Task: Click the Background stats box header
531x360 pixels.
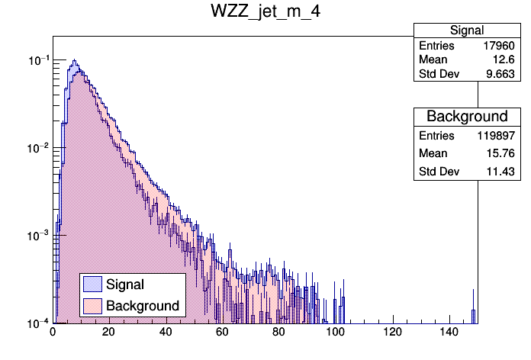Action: tap(467, 117)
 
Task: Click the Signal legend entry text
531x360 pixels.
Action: tap(125, 284)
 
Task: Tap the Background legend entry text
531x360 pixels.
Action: tap(143, 306)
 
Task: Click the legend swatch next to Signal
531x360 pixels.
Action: tap(92, 284)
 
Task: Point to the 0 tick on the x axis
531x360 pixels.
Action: tap(53, 333)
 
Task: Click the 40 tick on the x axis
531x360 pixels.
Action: tap(166, 333)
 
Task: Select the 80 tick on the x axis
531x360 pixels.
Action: tap(279, 333)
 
